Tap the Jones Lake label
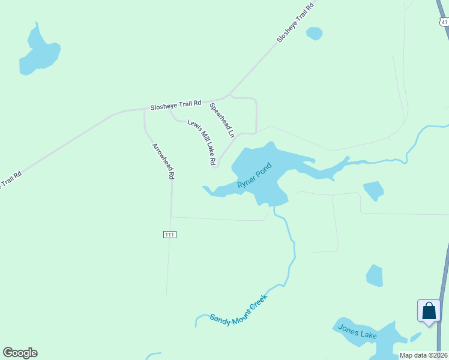pos(357,331)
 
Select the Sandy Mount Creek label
pos(238,311)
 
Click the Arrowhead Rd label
pos(163,161)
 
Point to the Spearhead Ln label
pos(221,121)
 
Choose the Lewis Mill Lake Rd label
pos(201,142)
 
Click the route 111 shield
pos(169,235)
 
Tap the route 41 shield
pos(444,22)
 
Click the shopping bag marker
pos(429,311)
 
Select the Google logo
pos(20,353)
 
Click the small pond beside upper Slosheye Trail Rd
pos(314,33)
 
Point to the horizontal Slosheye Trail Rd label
pos(178,105)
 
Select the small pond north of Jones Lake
pos(375,276)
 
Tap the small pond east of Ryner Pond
pos(373,190)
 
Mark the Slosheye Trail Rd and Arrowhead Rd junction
pos(145,109)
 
